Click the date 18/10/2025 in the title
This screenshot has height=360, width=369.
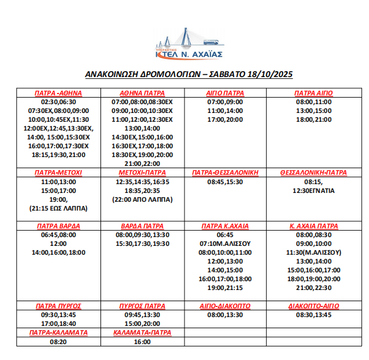click(x=270, y=75)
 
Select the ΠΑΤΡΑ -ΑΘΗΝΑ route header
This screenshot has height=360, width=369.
click(x=58, y=93)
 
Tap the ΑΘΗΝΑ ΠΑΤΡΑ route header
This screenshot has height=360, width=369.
click(x=142, y=93)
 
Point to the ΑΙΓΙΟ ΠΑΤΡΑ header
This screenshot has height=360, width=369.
click(x=225, y=93)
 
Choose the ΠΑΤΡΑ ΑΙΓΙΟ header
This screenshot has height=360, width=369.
click(x=314, y=93)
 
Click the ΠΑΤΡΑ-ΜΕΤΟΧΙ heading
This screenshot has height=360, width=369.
click(x=58, y=173)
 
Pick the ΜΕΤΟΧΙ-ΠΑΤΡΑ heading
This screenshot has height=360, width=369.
click(x=142, y=173)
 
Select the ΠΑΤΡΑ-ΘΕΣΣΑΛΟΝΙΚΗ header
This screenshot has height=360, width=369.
click(x=226, y=173)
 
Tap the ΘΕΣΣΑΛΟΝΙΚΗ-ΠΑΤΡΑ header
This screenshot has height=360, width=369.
click(x=314, y=173)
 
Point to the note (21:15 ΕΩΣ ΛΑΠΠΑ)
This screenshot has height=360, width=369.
click(x=58, y=208)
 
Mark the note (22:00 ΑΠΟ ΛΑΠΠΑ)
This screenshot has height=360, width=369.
click(x=142, y=199)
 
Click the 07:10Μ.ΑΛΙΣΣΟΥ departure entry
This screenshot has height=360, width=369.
click(x=226, y=243)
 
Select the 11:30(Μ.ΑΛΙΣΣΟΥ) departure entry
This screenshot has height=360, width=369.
click(x=314, y=252)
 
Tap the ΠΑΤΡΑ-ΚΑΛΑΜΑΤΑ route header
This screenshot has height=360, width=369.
click(x=58, y=332)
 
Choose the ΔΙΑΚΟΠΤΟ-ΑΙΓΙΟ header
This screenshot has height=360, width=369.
click(x=314, y=306)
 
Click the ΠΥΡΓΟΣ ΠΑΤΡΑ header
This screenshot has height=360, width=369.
click(x=142, y=306)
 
